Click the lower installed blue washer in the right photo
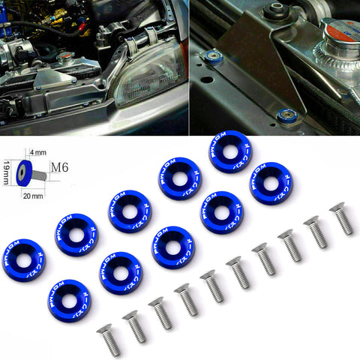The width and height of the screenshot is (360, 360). click(x=287, y=115)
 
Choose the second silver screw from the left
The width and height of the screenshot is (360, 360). click(x=134, y=325)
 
